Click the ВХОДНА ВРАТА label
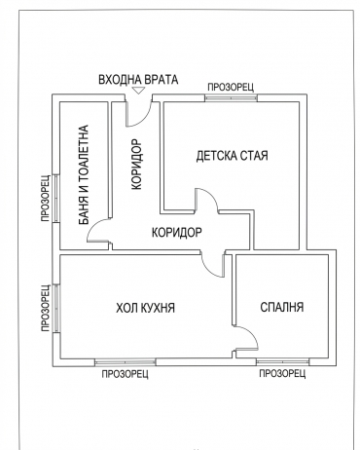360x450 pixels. (138, 80)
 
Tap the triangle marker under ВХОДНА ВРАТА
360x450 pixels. (139, 91)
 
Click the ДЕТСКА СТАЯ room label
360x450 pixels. (232, 156)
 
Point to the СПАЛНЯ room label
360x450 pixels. (282, 307)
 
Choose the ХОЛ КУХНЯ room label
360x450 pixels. (145, 308)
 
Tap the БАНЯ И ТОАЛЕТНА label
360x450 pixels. (84, 174)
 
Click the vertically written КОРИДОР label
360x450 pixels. (136, 165)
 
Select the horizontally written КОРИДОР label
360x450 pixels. (177, 232)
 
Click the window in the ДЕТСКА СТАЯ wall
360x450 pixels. (231, 97)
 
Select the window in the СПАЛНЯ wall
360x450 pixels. (282, 362)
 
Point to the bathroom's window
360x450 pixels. (56, 199)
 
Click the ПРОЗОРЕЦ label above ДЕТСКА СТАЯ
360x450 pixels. (231, 87)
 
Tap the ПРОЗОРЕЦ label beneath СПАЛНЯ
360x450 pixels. (282, 373)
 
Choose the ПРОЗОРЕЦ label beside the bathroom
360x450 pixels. (46, 199)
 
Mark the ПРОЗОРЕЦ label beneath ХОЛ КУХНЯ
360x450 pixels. (126, 374)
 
